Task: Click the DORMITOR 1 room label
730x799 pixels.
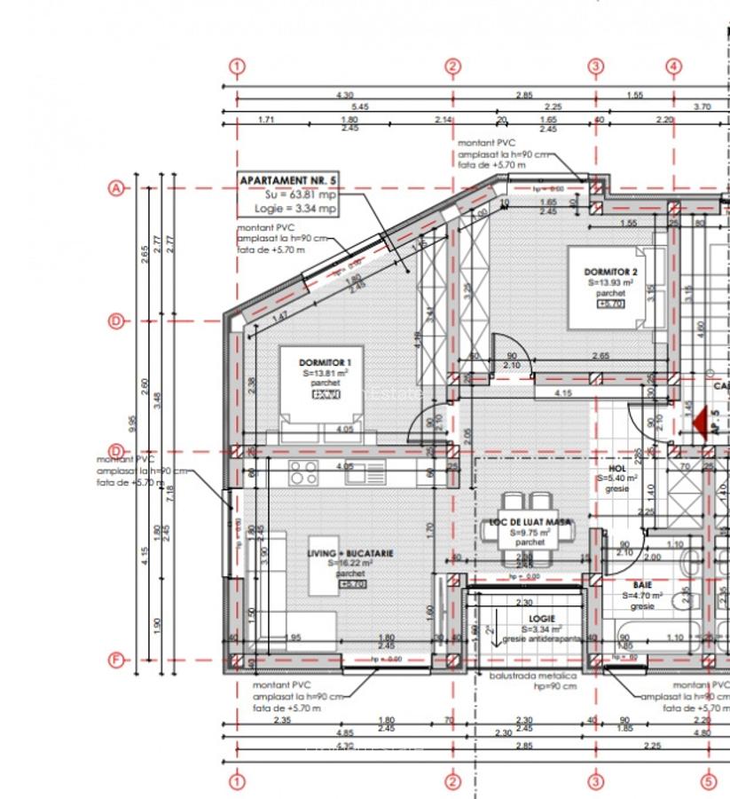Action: pyautogui.click(x=326, y=362)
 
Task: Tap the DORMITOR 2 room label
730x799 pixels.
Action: pyautogui.click(x=611, y=271)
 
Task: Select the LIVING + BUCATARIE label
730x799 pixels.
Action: pyautogui.click(x=350, y=553)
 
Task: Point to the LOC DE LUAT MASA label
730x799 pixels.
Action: pyautogui.click(x=530, y=522)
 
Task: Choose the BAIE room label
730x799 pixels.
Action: pyautogui.click(x=641, y=586)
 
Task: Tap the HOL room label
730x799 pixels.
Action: pyautogui.click(x=617, y=468)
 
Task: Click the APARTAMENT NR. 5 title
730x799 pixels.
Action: pyautogui.click(x=288, y=180)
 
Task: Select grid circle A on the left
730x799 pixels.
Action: pyautogui.click(x=115, y=188)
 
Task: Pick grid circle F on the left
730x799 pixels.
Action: pyautogui.click(x=115, y=661)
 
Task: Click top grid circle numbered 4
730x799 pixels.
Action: pyautogui.click(x=673, y=66)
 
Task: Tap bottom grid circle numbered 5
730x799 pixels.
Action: pyautogui.click(x=709, y=782)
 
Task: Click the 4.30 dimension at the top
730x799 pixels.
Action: pyautogui.click(x=344, y=95)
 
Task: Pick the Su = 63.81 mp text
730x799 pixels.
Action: pyautogui.click(x=288, y=194)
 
